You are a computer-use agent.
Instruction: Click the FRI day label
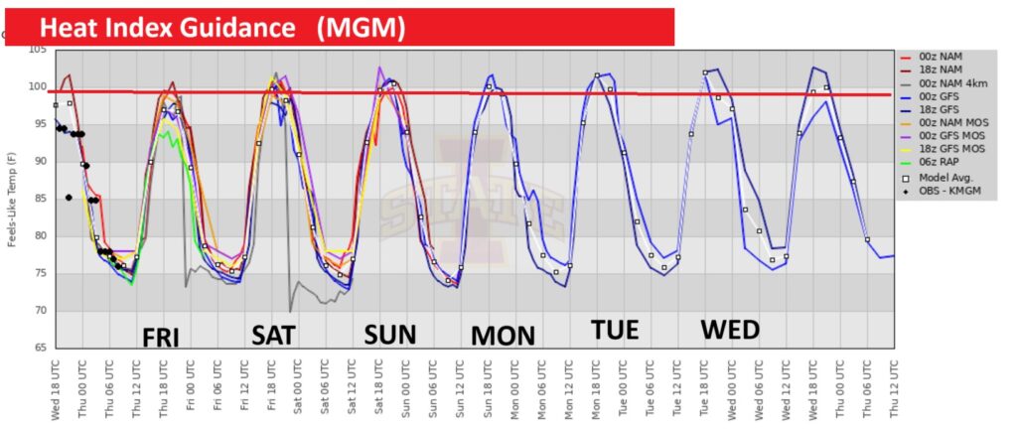pos(160,337)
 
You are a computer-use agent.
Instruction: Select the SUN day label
pos(390,333)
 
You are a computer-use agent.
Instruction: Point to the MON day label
pos(503,335)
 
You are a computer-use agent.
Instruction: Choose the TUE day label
pos(616,330)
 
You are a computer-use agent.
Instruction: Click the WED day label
pos(730,329)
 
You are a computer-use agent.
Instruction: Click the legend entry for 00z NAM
pos(942,57)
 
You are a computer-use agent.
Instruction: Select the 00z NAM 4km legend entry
pos(949,82)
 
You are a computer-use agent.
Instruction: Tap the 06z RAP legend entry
pos(940,162)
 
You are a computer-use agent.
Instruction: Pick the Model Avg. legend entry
pos(944,177)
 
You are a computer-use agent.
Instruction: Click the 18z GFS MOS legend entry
pos(948,148)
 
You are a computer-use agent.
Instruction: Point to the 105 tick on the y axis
pos(37,50)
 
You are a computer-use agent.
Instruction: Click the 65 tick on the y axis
pos(40,349)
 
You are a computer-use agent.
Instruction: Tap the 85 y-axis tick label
pos(40,199)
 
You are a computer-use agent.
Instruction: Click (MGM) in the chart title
pos(361,28)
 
